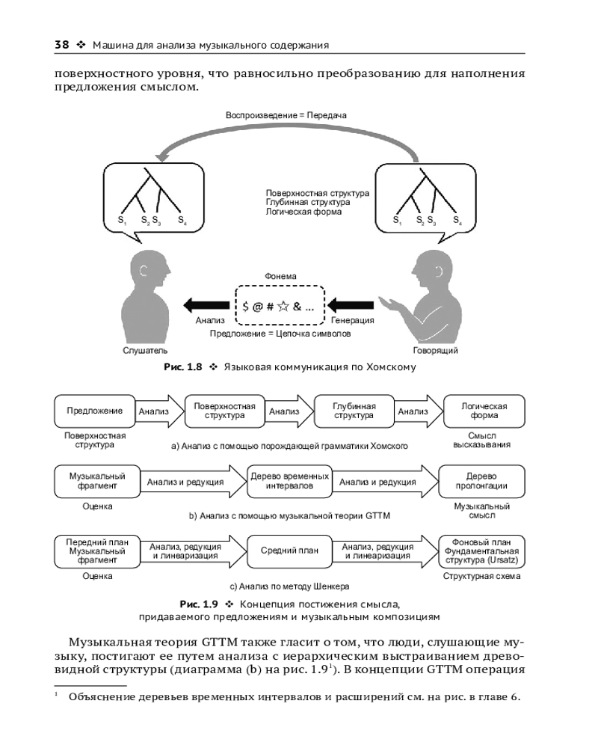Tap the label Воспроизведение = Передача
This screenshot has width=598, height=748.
(286, 115)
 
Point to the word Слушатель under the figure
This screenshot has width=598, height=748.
(147, 350)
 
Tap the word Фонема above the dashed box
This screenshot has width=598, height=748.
(280, 276)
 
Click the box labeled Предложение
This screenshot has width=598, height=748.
(94, 411)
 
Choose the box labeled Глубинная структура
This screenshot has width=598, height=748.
(354, 411)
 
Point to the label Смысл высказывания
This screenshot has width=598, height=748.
(482, 440)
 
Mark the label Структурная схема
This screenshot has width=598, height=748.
(482, 577)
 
